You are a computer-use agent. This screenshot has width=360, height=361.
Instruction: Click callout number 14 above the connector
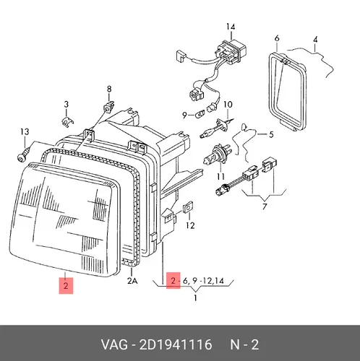[x=231, y=27]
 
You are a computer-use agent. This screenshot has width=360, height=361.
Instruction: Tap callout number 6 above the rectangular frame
[x=277, y=38]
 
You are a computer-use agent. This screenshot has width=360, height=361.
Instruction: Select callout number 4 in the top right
[x=315, y=40]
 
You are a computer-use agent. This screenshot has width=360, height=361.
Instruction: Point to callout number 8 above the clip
[x=109, y=90]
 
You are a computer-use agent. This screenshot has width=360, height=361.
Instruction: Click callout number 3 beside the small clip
[x=66, y=105]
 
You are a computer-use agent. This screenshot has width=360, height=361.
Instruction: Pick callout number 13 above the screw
[x=25, y=132]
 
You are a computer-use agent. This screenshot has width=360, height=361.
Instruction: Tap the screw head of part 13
[x=21, y=157]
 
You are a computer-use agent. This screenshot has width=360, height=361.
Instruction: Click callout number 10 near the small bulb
[x=228, y=105]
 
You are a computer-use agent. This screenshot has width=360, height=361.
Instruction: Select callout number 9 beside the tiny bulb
[x=184, y=116]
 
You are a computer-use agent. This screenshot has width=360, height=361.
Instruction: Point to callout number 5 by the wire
[x=271, y=134]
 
